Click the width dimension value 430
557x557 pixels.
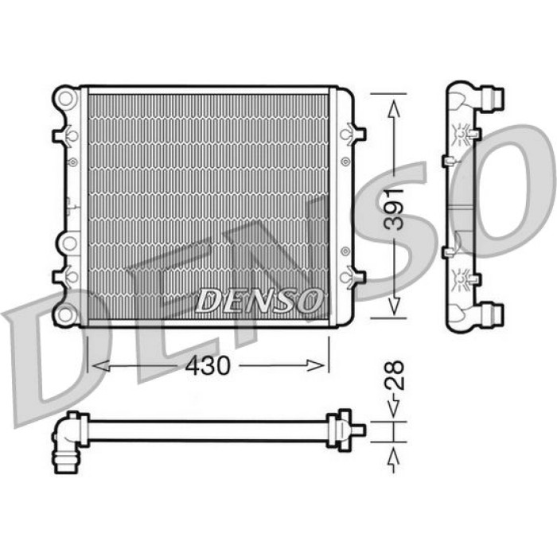click(x=208, y=365)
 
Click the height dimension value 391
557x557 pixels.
click(x=395, y=209)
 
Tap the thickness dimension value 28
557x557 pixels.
click(x=395, y=376)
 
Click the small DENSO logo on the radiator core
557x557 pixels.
click(x=259, y=300)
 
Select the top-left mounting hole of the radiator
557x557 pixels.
click(x=66, y=98)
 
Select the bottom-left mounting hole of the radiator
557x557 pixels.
click(x=66, y=314)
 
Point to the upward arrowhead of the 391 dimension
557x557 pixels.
click(x=394, y=109)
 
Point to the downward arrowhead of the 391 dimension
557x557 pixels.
click(x=394, y=306)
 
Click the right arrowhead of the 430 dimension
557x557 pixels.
click(x=315, y=365)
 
